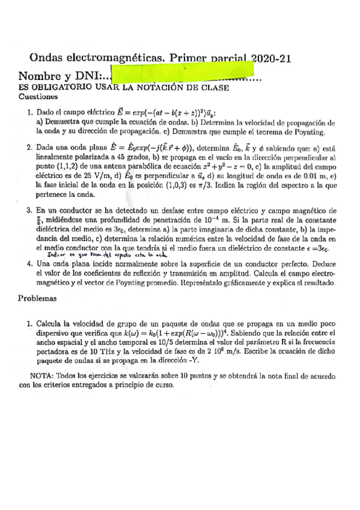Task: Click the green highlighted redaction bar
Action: pos(178,76)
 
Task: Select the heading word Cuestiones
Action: pos(38,96)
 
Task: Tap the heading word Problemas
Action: pos(38,298)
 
